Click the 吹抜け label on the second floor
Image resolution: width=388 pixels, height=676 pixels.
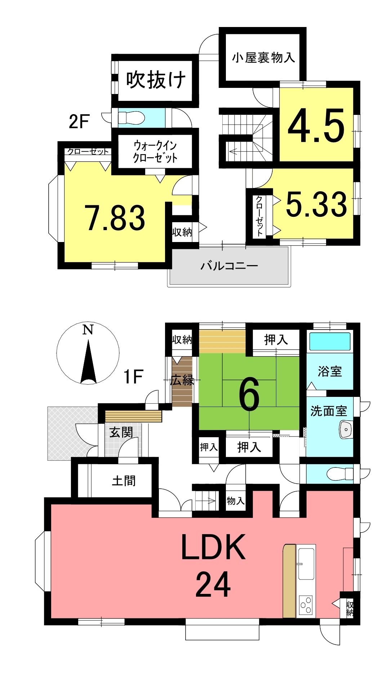click(156, 80)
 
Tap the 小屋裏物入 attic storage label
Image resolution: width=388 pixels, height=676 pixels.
click(263, 57)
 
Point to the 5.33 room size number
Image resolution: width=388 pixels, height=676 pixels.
click(316, 204)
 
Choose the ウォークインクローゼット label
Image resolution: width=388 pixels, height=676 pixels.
click(155, 152)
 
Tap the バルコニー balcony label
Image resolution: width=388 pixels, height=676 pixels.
click(229, 266)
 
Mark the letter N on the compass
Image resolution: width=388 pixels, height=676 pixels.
click(88, 329)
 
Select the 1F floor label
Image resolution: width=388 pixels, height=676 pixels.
click(133, 377)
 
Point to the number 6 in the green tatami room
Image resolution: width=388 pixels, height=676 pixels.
click(249, 395)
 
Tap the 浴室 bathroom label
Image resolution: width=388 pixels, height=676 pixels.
click(330, 371)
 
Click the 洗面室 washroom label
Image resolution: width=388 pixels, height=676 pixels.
click(329, 411)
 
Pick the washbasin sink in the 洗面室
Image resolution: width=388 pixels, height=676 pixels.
click(346, 430)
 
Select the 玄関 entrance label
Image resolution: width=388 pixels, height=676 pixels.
click(121, 432)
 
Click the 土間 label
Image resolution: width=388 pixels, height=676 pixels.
click(124, 480)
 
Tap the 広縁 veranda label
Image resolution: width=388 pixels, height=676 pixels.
click(183, 380)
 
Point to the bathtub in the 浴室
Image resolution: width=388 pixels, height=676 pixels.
click(330, 341)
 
